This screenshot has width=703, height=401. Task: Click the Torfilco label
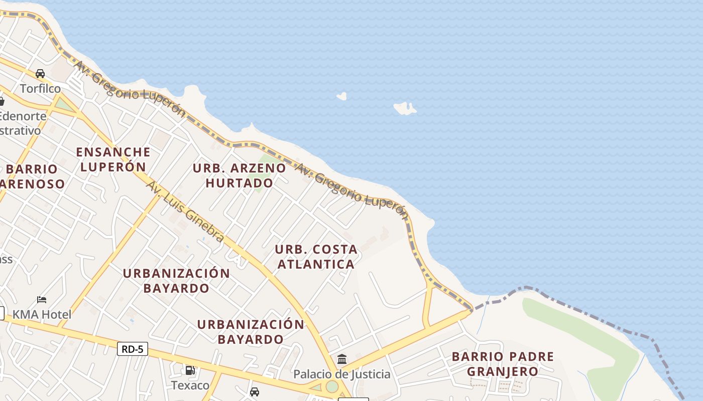click(40, 89)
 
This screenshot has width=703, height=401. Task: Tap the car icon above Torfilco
click(40, 74)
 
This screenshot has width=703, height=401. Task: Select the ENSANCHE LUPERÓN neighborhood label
click(113, 159)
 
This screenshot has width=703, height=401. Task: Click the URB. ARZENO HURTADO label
click(240, 175)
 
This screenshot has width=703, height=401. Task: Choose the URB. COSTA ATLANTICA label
click(316, 257)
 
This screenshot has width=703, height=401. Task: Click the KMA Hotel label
click(42, 315)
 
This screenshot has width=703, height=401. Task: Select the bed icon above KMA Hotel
click(42, 300)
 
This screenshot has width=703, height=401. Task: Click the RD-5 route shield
click(133, 349)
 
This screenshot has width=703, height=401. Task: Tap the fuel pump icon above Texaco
click(190, 370)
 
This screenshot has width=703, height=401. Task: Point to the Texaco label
click(190, 385)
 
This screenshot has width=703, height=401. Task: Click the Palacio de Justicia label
click(342, 374)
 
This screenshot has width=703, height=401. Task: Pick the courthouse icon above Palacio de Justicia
click(342, 359)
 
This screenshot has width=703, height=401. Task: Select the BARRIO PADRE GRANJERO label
click(503, 364)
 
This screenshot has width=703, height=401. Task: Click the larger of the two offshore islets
click(405, 108)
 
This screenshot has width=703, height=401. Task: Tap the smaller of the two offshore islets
click(341, 96)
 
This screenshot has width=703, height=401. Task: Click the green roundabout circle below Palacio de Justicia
click(332, 386)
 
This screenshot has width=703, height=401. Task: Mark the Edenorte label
click(23, 116)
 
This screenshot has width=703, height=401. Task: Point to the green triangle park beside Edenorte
click(63, 105)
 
